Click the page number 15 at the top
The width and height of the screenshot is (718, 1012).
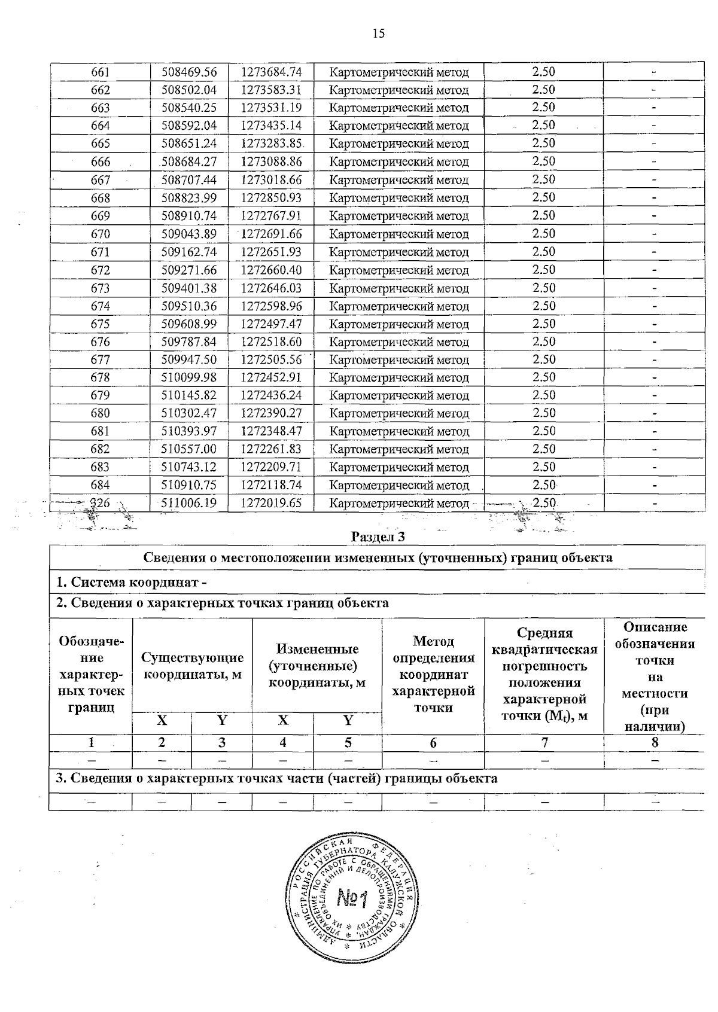(378, 33)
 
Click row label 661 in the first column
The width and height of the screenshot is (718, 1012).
(100, 72)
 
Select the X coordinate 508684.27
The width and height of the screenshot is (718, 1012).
(189, 162)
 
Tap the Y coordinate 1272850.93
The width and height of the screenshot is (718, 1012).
(271, 198)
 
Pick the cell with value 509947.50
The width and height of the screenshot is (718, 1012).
(189, 360)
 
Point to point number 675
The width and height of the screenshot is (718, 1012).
(100, 324)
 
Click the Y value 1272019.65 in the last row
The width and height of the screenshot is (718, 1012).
(271, 503)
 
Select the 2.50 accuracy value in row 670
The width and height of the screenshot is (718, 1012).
(543, 234)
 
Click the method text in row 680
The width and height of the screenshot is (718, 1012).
(399, 414)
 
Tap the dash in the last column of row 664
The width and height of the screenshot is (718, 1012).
(655, 126)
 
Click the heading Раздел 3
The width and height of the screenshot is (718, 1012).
(378, 537)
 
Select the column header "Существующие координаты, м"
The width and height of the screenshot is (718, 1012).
(192, 666)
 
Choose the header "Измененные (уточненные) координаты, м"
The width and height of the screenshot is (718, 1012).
(317, 666)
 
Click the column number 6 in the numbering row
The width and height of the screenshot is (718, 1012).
(433, 743)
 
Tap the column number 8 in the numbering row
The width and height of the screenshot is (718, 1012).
(655, 743)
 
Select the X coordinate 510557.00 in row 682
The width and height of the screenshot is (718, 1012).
(189, 450)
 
